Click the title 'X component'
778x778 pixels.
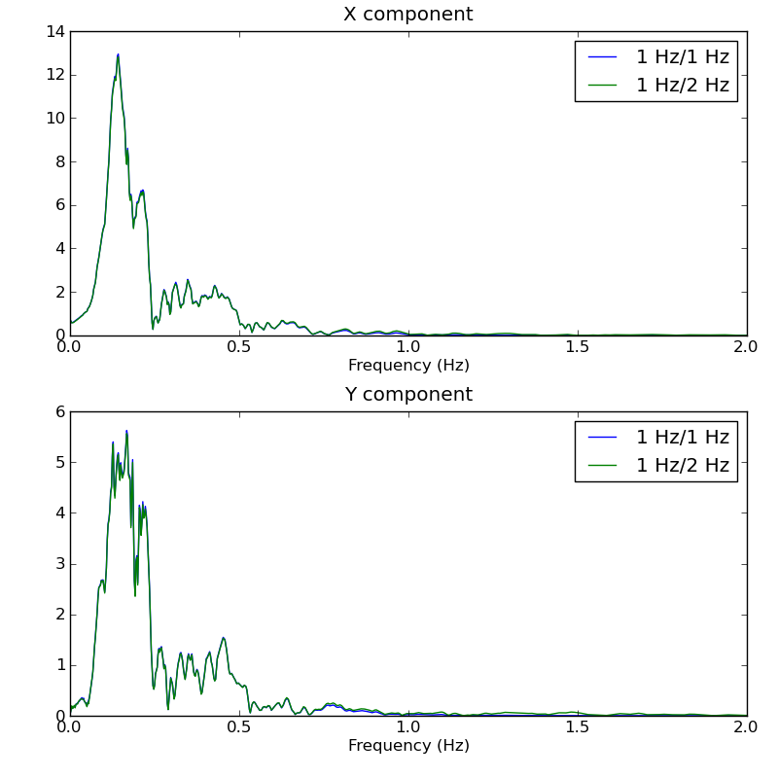click(x=408, y=15)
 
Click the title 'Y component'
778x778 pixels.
click(x=408, y=395)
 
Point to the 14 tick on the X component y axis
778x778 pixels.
click(x=54, y=32)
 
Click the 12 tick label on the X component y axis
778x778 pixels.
click(x=54, y=75)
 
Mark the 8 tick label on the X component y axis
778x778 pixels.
click(x=58, y=161)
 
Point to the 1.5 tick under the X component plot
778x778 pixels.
click(x=578, y=347)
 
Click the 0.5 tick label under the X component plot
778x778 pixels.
click(x=239, y=347)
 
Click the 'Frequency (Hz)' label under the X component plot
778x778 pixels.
click(x=408, y=366)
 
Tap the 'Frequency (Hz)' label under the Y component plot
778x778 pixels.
click(x=408, y=746)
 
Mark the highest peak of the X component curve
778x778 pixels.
click(x=119, y=54)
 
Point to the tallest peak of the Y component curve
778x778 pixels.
click(x=126, y=431)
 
